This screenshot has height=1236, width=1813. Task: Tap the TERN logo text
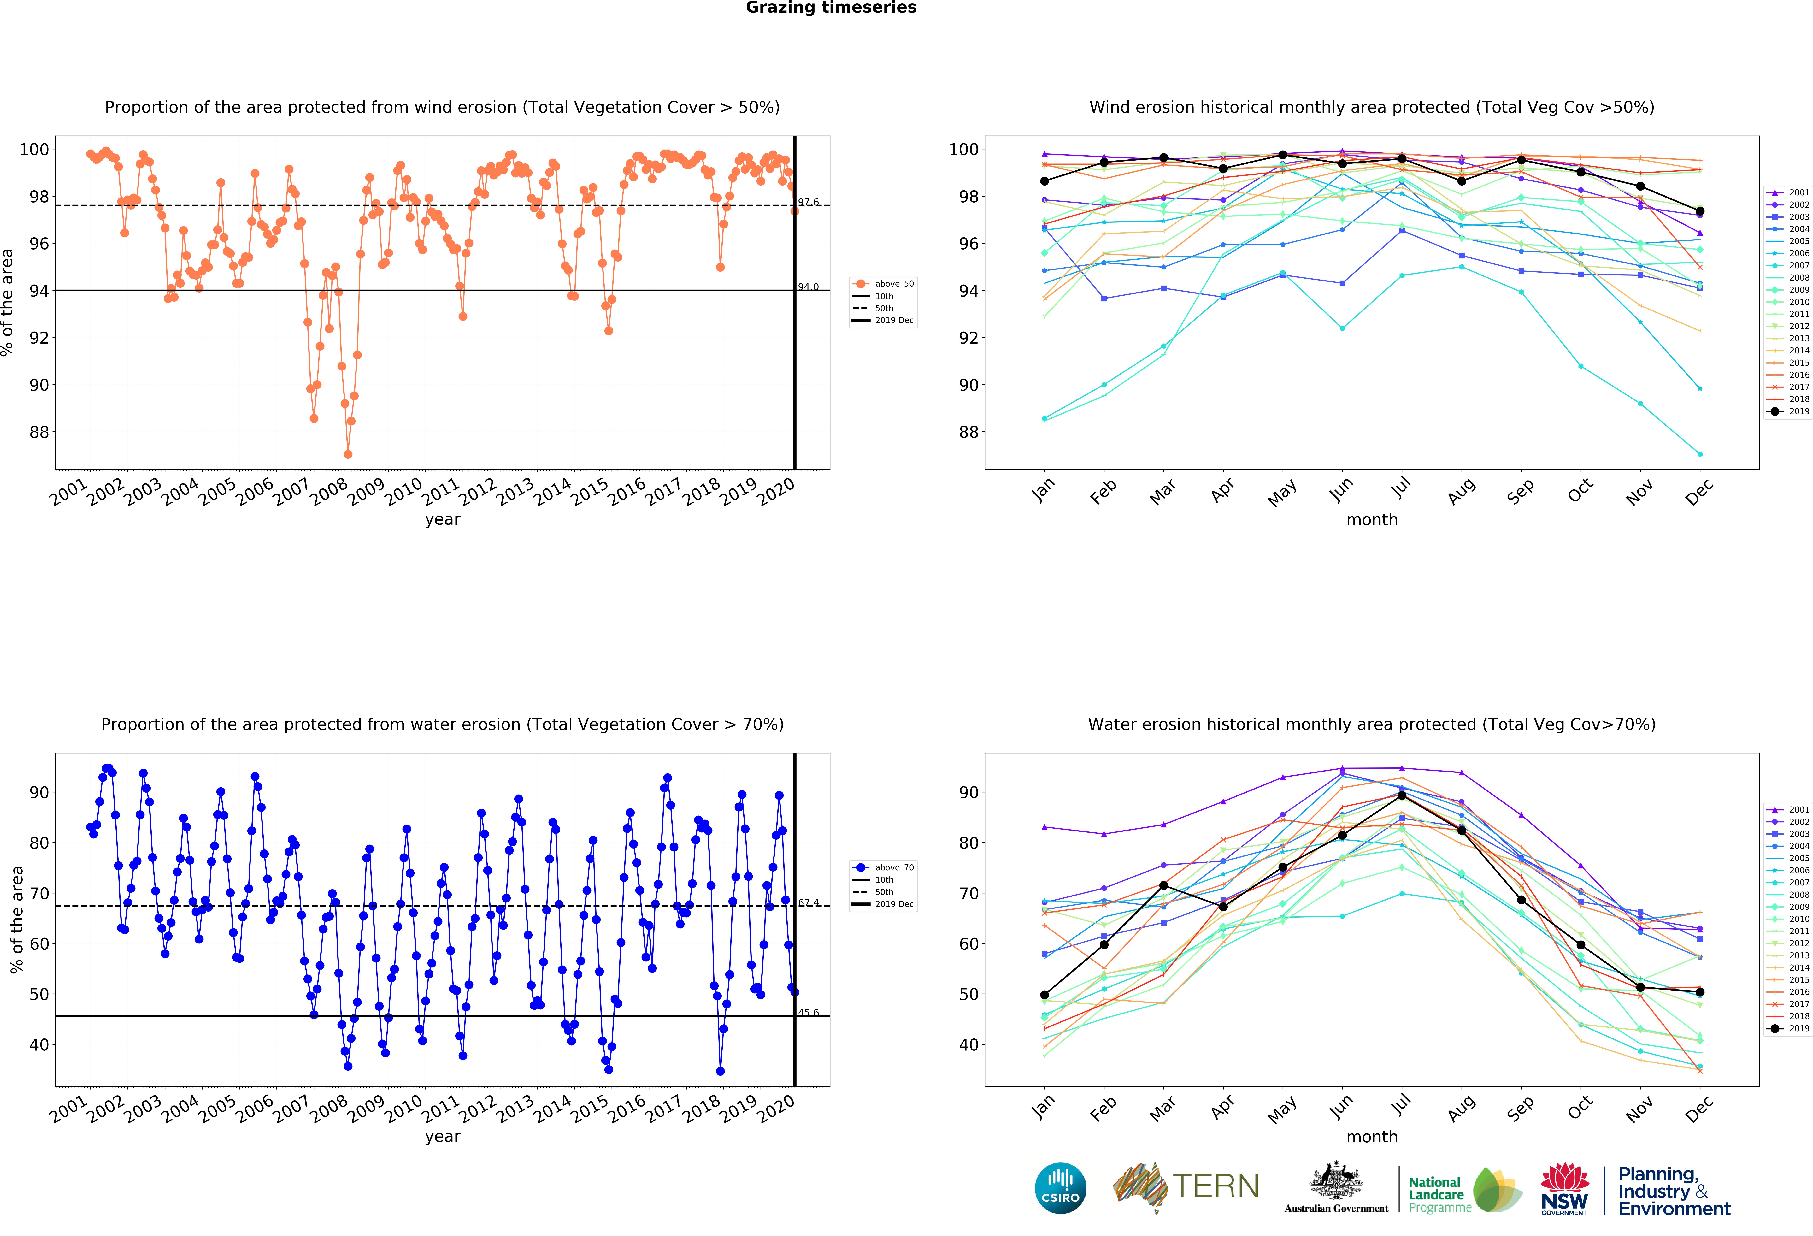1216,1186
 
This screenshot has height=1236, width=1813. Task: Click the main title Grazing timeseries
831,8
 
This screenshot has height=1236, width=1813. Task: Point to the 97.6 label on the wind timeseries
808,202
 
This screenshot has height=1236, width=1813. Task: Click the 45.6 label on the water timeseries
808,1013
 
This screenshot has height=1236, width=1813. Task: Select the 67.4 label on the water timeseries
808,903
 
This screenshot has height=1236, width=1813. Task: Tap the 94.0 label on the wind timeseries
808,287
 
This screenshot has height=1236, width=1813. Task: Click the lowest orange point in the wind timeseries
348,454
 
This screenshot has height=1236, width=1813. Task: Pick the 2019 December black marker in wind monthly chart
1700,211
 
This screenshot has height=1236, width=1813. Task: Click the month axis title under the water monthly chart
1371,1137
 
